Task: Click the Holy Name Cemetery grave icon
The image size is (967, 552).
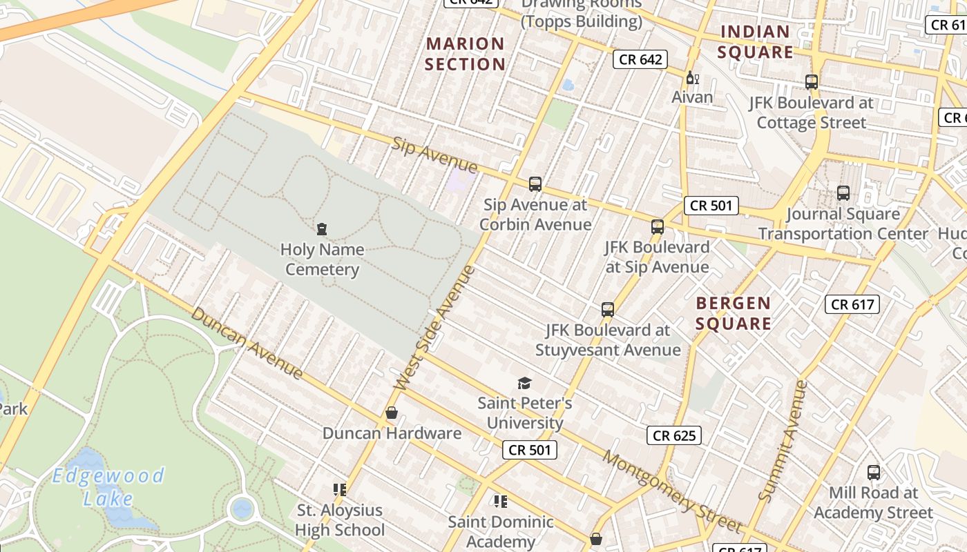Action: point(321,228)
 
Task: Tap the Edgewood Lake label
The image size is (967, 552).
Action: point(108,486)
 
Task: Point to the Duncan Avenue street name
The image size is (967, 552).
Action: point(247,343)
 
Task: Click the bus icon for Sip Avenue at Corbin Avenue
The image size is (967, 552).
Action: point(535,184)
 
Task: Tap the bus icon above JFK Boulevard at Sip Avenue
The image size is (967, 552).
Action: point(658,226)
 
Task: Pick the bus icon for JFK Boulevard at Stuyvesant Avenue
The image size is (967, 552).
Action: point(608,310)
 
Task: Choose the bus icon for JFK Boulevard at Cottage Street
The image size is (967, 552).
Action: point(812,82)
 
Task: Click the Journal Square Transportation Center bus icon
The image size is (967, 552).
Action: point(843,193)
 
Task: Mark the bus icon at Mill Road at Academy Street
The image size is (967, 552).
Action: point(874,473)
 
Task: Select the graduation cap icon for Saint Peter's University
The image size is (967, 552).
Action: point(525,383)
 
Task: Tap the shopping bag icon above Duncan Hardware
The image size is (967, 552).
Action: point(392,413)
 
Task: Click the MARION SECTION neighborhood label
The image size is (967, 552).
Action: point(466,54)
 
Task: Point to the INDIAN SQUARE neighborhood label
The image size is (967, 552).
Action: point(756,42)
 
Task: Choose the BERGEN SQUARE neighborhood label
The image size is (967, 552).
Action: point(734,313)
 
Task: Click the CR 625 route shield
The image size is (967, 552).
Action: point(675,435)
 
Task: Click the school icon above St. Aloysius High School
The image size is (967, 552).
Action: point(339,490)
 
